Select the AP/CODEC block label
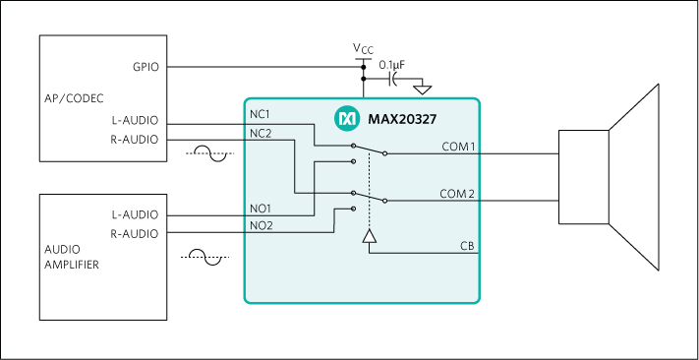tap(75, 98)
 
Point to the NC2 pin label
tap(262, 133)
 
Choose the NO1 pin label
tap(262, 209)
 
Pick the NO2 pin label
tap(262, 226)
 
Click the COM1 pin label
tap(459, 147)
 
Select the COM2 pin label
tap(459, 194)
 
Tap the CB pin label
tap(468, 245)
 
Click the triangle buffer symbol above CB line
tap(369, 236)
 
